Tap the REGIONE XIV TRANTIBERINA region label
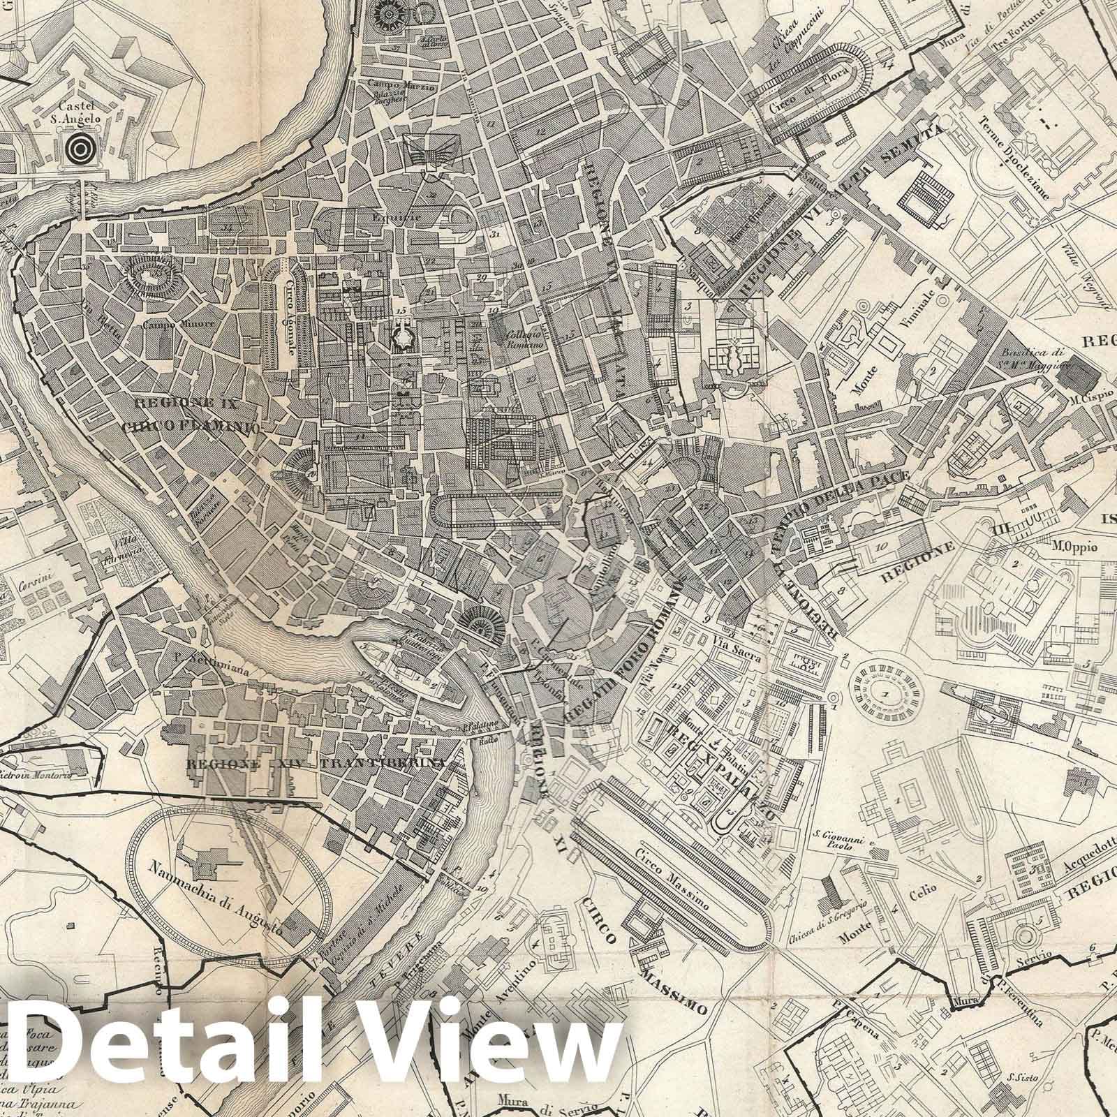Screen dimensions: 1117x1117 316,764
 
